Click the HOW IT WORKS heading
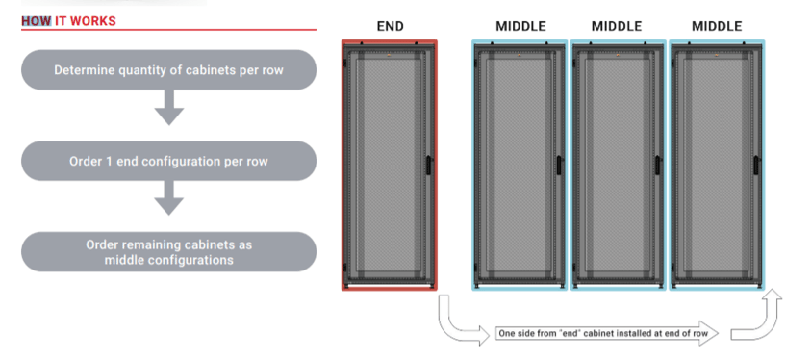point(69,21)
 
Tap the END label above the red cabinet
point(391,26)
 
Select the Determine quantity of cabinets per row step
point(168,70)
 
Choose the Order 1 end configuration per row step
point(168,161)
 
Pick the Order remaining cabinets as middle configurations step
point(168,252)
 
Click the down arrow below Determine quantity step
point(169,108)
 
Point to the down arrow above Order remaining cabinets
point(169,198)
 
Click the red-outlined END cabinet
point(390,165)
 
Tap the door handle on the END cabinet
point(428,166)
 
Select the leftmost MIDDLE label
point(520,26)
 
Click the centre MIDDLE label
point(617,26)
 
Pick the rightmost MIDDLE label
point(717,26)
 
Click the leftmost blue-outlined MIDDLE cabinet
point(520,165)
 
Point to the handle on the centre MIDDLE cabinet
point(658,166)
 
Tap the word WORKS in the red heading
point(93,21)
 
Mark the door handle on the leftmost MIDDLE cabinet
point(559,166)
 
